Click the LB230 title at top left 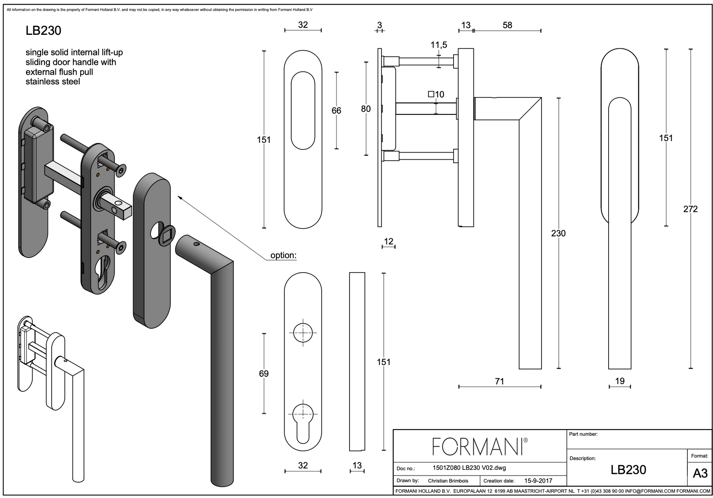click(43, 31)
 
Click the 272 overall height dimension click(690, 209)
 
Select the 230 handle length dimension click(558, 233)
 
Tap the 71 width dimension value click(499, 381)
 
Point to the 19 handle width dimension click(620, 381)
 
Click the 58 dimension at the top click(507, 25)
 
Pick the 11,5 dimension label click(439, 45)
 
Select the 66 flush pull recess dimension click(336, 111)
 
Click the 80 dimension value click(366, 109)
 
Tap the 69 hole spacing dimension click(264, 374)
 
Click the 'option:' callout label click(283, 255)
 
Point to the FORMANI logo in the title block click(480, 446)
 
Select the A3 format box click(700, 473)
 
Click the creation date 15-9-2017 click(538, 481)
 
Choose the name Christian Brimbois click(448, 481)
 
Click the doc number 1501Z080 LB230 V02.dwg click(469, 468)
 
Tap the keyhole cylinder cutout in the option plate click(303, 423)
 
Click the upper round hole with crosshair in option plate click(303, 333)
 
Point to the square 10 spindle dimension click(436, 95)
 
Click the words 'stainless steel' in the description click(53, 82)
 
